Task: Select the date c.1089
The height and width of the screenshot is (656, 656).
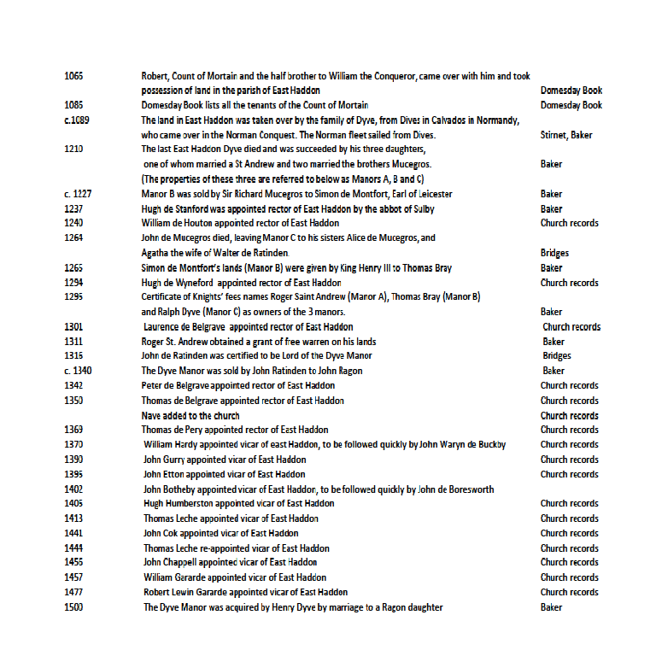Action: (x=77, y=120)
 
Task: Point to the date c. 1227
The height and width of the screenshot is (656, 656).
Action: (x=78, y=194)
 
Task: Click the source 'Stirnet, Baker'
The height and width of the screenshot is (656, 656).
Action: (x=566, y=135)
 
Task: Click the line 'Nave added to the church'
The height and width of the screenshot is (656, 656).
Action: (x=190, y=415)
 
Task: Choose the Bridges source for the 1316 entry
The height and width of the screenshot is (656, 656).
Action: (x=556, y=356)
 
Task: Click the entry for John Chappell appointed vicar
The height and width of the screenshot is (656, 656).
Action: (x=230, y=562)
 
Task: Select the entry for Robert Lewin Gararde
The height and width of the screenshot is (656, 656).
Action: (x=245, y=592)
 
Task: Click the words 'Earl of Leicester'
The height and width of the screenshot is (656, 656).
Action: (x=417, y=194)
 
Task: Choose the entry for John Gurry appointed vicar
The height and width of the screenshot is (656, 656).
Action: (x=224, y=460)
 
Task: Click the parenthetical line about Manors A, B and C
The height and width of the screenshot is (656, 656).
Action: (x=283, y=179)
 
